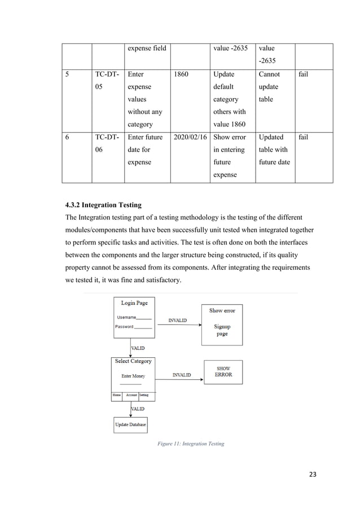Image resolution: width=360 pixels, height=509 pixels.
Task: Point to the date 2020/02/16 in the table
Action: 190,137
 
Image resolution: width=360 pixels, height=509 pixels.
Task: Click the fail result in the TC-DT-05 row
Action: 302,74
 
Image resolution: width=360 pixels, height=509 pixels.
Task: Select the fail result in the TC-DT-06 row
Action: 302,137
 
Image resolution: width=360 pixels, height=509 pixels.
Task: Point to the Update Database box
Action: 130,424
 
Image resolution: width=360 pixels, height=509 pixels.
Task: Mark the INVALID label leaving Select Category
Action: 181,375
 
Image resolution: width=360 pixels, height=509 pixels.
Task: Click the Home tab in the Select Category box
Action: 117,396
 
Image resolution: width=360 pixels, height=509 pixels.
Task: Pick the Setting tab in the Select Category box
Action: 144,396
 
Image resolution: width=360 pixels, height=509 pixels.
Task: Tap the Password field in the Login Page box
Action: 134,327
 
